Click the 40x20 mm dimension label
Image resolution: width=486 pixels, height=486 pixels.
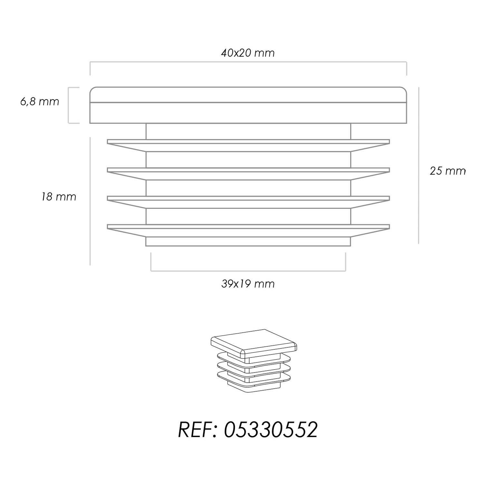click(x=248, y=53)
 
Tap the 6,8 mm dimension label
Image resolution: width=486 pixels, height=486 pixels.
click(x=40, y=102)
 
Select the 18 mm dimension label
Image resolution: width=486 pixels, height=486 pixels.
click(x=59, y=197)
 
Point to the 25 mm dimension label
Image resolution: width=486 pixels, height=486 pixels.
click(x=448, y=171)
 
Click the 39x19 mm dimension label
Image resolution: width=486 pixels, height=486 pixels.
click(x=248, y=284)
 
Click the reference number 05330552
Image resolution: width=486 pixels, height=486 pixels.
click(x=271, y=430)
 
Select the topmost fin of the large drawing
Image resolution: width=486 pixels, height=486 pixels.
click(x=248, y=145)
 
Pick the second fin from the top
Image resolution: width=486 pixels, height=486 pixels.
click(x=248, y=174)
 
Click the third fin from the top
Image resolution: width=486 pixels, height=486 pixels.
click(x=248, y=202)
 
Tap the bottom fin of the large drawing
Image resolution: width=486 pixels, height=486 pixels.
click(x=248, y=230)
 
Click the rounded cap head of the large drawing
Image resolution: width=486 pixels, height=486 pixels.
click(x=248, y=105)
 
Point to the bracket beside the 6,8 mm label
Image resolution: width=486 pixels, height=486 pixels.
click(x=69, y=105)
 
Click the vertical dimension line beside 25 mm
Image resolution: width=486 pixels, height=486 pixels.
click(x=418, y=165)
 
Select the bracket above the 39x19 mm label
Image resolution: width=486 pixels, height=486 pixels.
click(x=248, y=271)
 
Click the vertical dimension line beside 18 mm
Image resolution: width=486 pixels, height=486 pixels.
click(x=90, y=201)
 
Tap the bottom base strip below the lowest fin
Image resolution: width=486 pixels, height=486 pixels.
click(x=248, y=242)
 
